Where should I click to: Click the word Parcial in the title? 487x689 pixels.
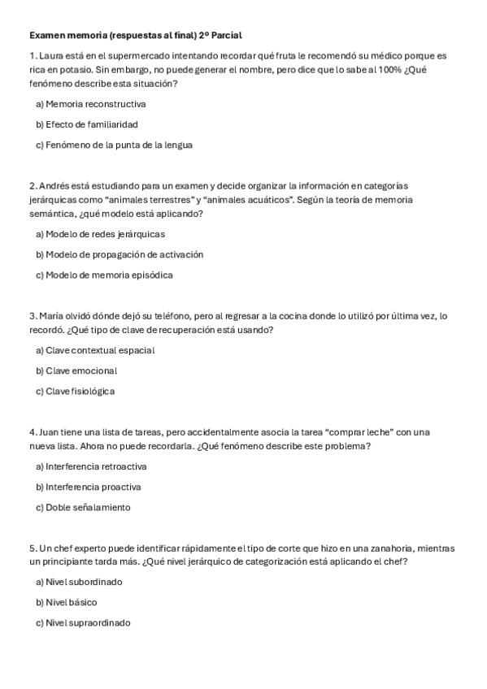coord(225,36)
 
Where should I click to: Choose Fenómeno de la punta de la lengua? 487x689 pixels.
coord(114,145)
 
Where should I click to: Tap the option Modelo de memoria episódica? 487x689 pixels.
coord(104,275)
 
